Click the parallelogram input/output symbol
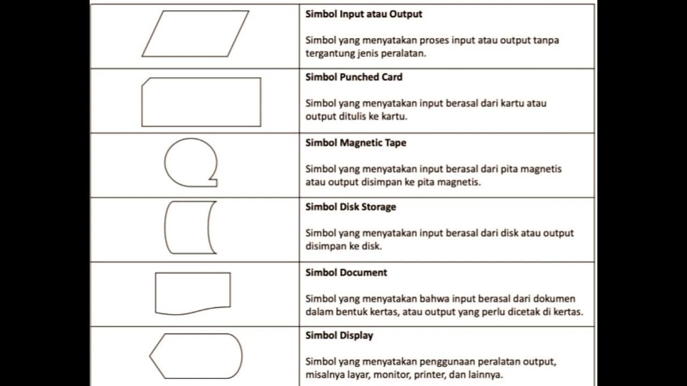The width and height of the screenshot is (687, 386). coord(195,33)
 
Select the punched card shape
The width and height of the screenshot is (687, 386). coord(201,102)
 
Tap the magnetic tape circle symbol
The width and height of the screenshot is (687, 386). coord(191,162)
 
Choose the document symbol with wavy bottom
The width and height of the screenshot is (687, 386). coord(193,293)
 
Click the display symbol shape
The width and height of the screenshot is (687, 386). coord(196,356)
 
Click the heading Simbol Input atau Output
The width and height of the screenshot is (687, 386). coord(363,14)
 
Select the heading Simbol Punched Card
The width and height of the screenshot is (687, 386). coord(354,77)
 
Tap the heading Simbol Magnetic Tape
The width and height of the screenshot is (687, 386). coord(356,143)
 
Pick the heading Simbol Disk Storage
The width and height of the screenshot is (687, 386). coord(350,207)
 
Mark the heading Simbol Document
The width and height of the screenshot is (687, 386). coord(346,272)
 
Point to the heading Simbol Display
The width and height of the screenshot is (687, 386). coord(339,336)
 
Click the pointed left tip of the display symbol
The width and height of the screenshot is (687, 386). coord(151,356)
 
